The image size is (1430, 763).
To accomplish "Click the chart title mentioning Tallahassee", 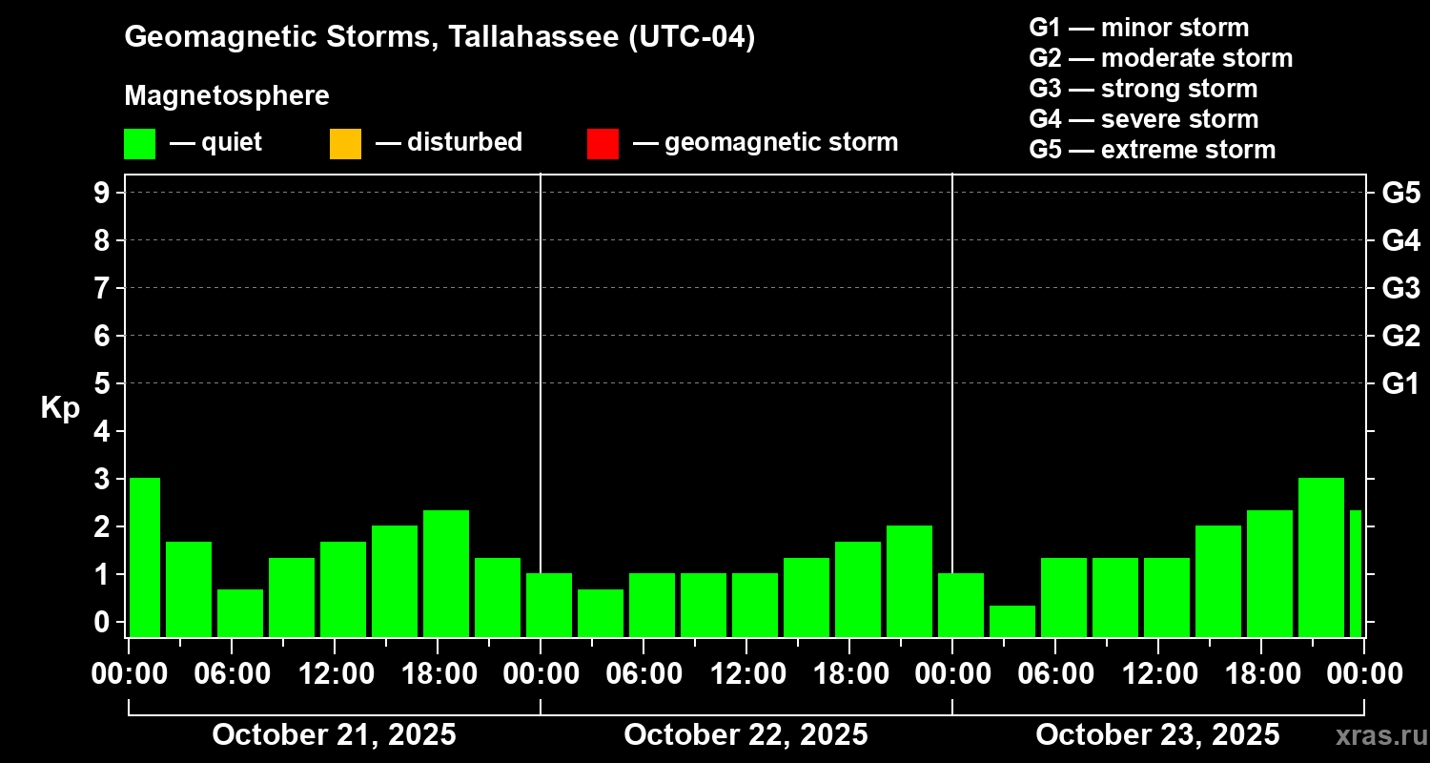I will pos(439,37).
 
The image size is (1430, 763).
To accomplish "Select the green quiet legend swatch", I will pos(139,143).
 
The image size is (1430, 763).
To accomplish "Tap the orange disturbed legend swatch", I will pos(345,143).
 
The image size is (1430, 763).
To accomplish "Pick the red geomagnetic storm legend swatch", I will pos(603,143).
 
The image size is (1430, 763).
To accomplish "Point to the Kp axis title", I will pos(60,408).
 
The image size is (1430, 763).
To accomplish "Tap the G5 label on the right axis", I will pos(1400,194).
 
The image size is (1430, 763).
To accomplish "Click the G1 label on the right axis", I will pos(1400,384).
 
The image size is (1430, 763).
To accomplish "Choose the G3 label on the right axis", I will pos(1400,289).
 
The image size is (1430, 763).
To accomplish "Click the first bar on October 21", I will pos(145,557).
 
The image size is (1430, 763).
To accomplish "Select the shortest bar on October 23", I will pos(1012,621).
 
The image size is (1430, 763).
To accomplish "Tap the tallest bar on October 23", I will pos(1321,557).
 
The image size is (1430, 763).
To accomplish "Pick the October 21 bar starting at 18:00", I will pos(446,573).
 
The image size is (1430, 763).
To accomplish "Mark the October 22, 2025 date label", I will pos(746,735).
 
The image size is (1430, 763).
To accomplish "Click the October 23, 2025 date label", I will pos(1157,735).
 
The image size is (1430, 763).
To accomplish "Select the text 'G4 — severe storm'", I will pos(1144,119).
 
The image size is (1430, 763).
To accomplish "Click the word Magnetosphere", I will pos(227,96).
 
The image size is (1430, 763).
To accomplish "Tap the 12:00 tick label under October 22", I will pos(746,674).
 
